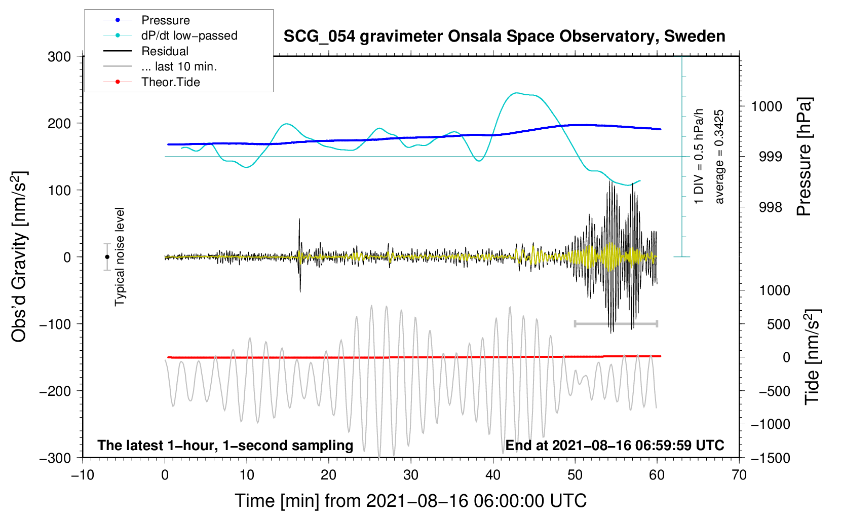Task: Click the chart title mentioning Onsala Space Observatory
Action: [504, 36]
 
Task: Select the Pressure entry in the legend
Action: [146, 20]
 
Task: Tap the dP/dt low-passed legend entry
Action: [170, 35]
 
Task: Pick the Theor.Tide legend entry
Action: [151, 82]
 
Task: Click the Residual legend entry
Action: [146, 51]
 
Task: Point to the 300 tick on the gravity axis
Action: [59, 57]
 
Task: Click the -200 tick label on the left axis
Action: [55, 391]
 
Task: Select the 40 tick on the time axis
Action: [492, 475]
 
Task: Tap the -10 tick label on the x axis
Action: [83, 475]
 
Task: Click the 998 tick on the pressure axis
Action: [770, 207]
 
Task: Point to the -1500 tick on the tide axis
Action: [771, 458]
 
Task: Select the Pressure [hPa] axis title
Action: [804, 157]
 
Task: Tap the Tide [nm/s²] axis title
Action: [813, 357]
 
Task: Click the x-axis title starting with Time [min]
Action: [410, 501]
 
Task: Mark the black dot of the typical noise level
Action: [107, 257]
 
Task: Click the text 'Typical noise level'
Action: [120, 257]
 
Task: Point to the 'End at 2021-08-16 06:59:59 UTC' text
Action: [615, 445]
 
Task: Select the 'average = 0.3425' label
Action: [718, 157]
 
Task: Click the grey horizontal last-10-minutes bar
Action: [616, 323]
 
